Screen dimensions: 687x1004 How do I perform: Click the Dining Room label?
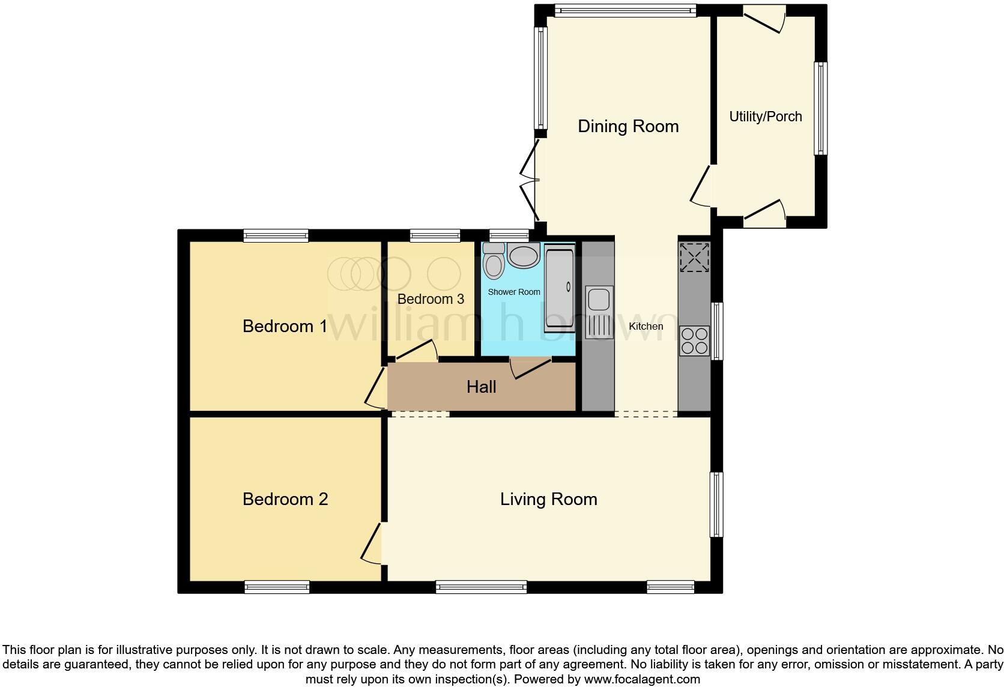coord(628,126)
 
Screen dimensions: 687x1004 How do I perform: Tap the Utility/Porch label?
coord(765,117)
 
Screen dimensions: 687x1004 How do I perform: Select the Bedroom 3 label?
coord(431,299)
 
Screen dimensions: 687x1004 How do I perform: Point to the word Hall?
coord(481,387)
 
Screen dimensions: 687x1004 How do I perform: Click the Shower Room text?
coord(513,292)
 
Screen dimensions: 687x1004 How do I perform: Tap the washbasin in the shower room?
coord(524,256)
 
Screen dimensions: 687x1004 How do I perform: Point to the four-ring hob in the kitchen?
coord(694,340)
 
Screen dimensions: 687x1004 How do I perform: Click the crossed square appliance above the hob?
coord(694,257)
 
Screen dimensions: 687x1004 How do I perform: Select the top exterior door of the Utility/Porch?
coord(764,19)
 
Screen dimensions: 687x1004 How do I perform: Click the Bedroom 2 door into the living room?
coord(372,543)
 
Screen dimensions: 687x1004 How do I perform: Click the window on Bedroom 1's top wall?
coord(276,236)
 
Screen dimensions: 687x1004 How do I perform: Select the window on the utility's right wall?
coord(820,108)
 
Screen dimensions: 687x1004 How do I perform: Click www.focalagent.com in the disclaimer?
coord(641,680)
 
